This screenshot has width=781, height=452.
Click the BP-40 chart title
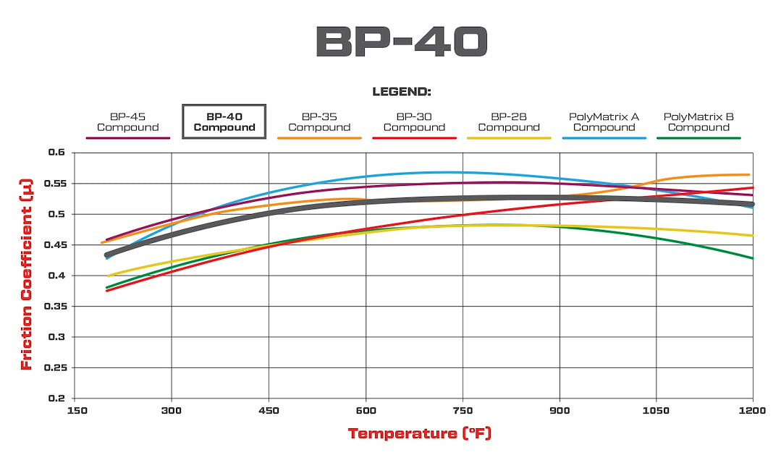pos(402,42)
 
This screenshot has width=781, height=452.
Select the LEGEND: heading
pos(402,92)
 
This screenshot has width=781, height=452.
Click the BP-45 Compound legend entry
pos(127,122)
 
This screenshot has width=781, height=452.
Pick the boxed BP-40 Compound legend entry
pos(224,121)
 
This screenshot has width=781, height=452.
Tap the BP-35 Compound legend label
pos(319,122)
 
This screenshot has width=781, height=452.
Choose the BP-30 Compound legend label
pos(414,122)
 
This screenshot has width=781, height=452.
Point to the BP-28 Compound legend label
pos(509,122)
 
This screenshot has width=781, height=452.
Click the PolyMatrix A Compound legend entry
pos(604,122)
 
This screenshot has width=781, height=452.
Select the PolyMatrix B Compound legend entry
pos(698,122)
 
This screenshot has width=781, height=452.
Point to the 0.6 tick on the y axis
pos(58,153)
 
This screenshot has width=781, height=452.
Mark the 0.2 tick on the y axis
pos(58,398)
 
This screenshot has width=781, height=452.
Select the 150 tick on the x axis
pos(75,410)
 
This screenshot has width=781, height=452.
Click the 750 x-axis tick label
pos(463,410)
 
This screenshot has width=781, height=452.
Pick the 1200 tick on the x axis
pos(753,410)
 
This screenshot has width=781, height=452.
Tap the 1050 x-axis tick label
pos(656,410)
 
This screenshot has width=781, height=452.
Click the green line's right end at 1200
pos(753,258)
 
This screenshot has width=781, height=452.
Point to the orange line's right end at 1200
pos(748,174)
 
